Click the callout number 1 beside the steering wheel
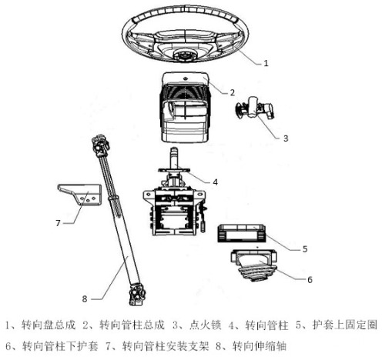(266, 63)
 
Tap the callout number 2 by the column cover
(232, 92)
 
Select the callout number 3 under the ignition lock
(286, 138)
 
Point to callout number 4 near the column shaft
(215, 182)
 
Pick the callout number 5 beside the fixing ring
(305, 249)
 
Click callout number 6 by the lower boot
(310, 280)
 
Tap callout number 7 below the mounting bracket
(58, 223)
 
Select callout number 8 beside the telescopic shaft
(85, 298)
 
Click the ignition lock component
(254, 108)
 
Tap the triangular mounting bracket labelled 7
(79, 194)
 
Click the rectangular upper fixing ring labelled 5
(241, 233)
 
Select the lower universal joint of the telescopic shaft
(136, 294)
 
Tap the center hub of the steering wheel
(184, 55)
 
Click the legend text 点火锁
(205, 325)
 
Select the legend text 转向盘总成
(49, 325)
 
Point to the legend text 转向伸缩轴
(260, 346)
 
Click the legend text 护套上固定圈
(345, 325)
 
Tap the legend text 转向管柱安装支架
(166, 346)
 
